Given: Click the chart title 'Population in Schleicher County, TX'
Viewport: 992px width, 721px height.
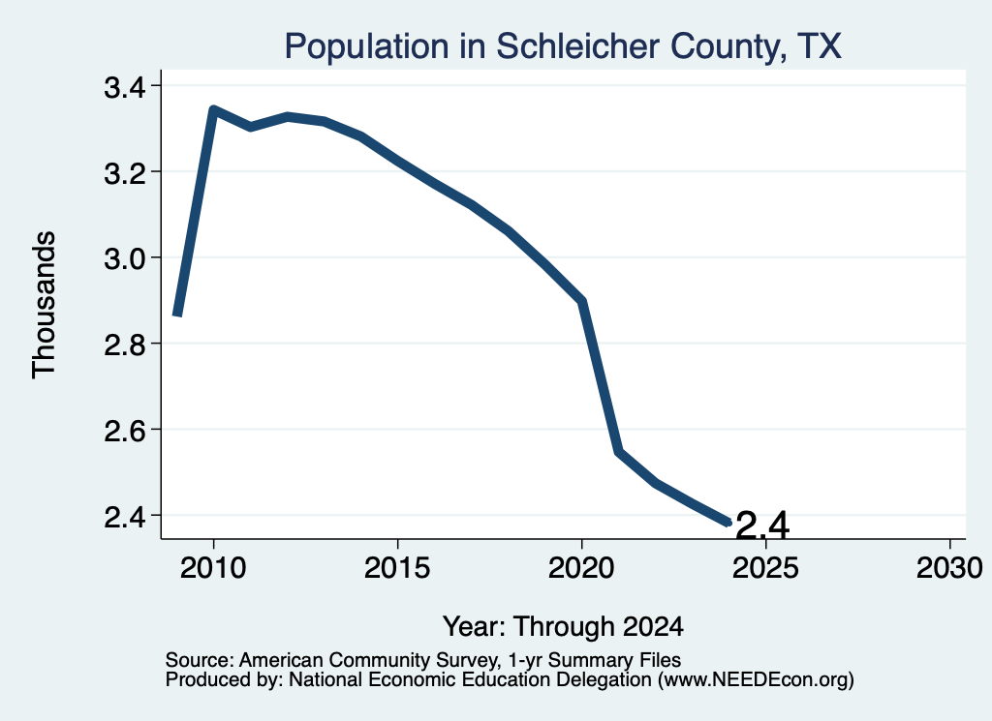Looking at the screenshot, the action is coord(563,46).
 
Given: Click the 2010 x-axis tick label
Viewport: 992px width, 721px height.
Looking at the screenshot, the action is coord(213,567).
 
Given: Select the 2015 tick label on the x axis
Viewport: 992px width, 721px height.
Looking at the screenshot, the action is coord(397,567).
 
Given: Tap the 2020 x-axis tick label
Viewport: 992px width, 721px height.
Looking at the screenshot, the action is coord(581,567).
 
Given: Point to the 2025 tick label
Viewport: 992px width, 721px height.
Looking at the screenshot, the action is coord(765,567).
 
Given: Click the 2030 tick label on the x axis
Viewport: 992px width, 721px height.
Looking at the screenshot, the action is coord(949,567).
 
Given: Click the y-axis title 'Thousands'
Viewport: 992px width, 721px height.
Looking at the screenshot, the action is coord(45,305).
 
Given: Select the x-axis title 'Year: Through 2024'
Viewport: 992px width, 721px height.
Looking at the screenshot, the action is coord(563,626).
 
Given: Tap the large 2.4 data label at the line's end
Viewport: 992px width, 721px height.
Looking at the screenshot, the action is coord(763,526).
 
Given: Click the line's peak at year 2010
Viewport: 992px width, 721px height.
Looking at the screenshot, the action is coord(213,110).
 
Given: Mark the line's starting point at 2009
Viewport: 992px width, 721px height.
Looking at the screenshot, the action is coord(178,314).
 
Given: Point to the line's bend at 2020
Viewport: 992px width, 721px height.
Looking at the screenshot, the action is coord(582,301).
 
